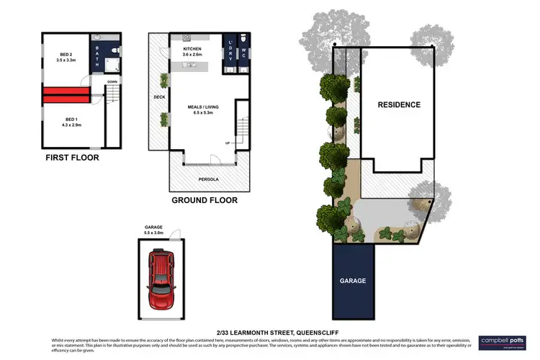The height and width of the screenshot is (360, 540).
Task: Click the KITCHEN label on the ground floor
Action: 192,50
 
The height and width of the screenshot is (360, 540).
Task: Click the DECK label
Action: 159,96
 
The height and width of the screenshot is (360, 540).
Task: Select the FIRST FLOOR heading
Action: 72,157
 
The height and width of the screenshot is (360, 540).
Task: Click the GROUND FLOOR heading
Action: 204,201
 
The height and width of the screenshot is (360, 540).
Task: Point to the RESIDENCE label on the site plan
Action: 399,104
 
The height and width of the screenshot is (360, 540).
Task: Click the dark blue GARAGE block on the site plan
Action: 353,280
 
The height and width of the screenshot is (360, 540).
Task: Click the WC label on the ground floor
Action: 243,52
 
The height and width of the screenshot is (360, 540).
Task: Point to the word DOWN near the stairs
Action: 112,82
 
